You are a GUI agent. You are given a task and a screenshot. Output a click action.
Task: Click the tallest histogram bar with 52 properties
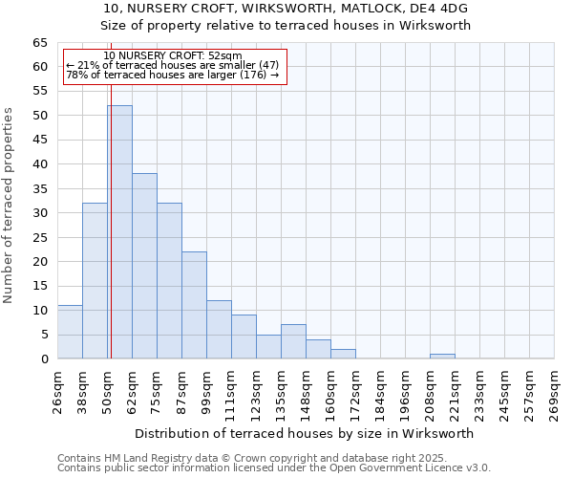119,232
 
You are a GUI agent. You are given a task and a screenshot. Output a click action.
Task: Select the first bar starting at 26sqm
70,332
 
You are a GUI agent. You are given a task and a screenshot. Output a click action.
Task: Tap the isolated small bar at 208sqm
442,357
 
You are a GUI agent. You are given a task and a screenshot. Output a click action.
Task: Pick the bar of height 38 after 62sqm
144,266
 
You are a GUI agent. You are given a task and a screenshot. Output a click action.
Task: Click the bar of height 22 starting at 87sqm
194,305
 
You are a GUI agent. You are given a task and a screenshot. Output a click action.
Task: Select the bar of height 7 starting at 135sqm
293,341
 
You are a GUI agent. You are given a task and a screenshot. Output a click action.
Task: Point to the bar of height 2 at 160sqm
343,354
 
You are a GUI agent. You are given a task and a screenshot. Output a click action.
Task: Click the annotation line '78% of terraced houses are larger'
172,76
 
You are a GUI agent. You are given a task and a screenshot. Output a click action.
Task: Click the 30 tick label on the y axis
40,213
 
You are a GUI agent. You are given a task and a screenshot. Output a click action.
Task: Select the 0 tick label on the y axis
44,358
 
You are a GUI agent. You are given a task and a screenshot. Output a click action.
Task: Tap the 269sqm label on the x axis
554,393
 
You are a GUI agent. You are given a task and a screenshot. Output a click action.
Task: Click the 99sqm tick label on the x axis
206,391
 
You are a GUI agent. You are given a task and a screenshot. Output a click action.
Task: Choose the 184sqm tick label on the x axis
380,393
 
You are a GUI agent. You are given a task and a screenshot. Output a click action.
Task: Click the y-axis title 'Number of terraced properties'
10,206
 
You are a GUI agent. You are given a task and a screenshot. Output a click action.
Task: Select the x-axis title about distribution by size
305,433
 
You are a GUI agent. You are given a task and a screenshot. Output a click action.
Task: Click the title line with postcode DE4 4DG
286,9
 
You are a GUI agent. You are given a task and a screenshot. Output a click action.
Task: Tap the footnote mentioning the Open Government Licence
274,468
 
